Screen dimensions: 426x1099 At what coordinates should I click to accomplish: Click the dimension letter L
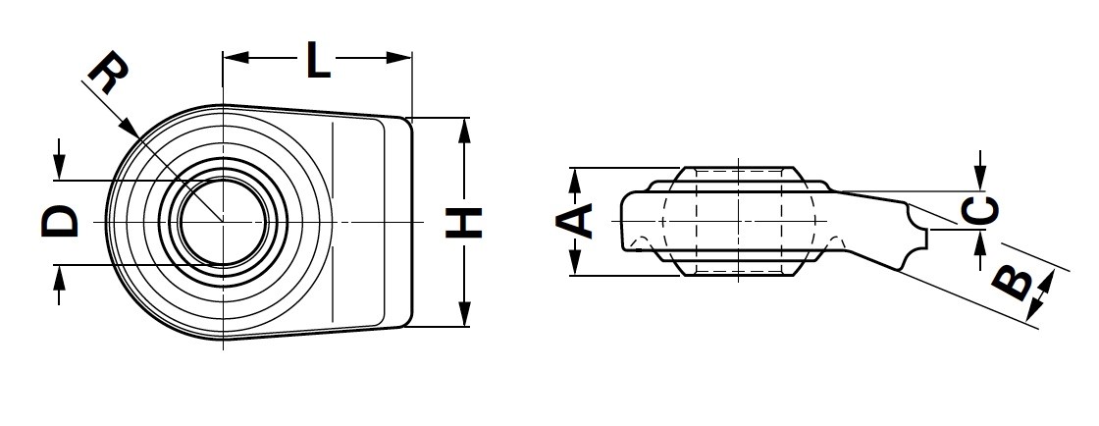318,61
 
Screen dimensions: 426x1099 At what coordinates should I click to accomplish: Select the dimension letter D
61,222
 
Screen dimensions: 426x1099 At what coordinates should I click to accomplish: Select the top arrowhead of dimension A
577,175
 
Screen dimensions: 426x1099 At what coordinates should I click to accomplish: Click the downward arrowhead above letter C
980,183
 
